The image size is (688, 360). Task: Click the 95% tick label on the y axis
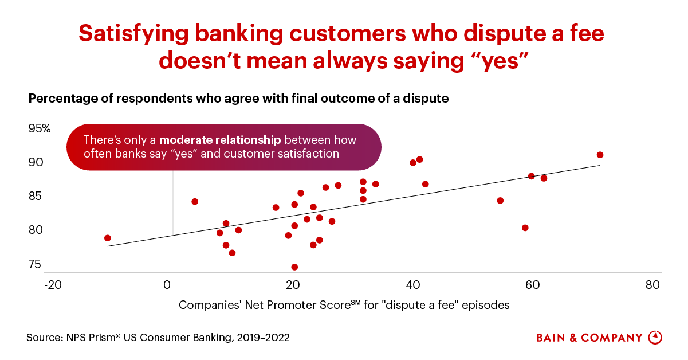point(40,128)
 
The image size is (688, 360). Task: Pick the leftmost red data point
point(108,238)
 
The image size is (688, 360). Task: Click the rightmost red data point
point(600,155)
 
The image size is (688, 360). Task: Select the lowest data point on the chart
point(294,267)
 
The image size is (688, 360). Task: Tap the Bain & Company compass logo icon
point(655,337)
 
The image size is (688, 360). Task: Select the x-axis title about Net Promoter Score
point(344,305)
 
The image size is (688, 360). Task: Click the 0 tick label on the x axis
point(167,285)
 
